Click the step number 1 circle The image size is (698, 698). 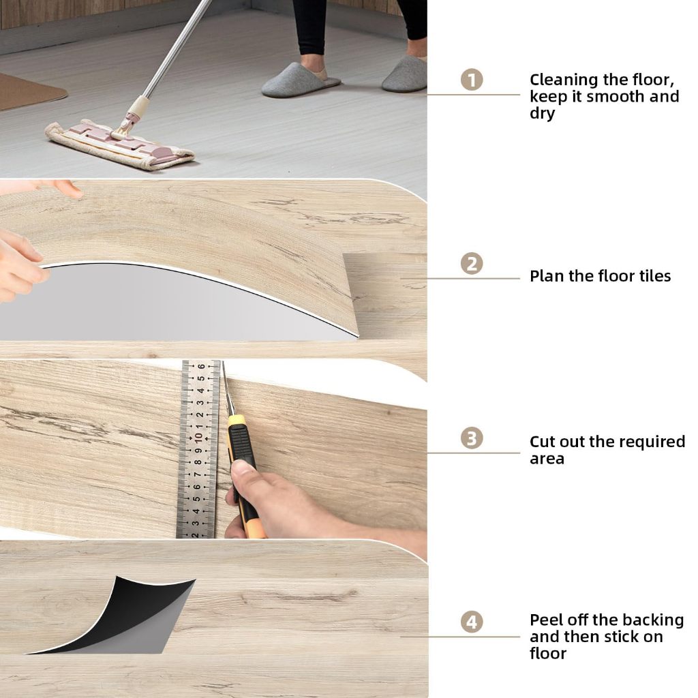coord(472,80)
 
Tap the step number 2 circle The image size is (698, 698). coord(472,264)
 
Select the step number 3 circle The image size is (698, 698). coord(472,438)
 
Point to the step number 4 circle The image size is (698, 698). coord(472,622)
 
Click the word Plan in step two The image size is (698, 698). coord(547,276)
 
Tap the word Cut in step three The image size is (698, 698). coord(543,442)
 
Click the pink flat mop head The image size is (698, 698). coord(119,143)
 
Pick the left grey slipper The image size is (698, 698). coord(300,80)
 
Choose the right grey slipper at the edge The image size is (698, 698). coord(405,74)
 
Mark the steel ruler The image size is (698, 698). coord(198,449)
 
